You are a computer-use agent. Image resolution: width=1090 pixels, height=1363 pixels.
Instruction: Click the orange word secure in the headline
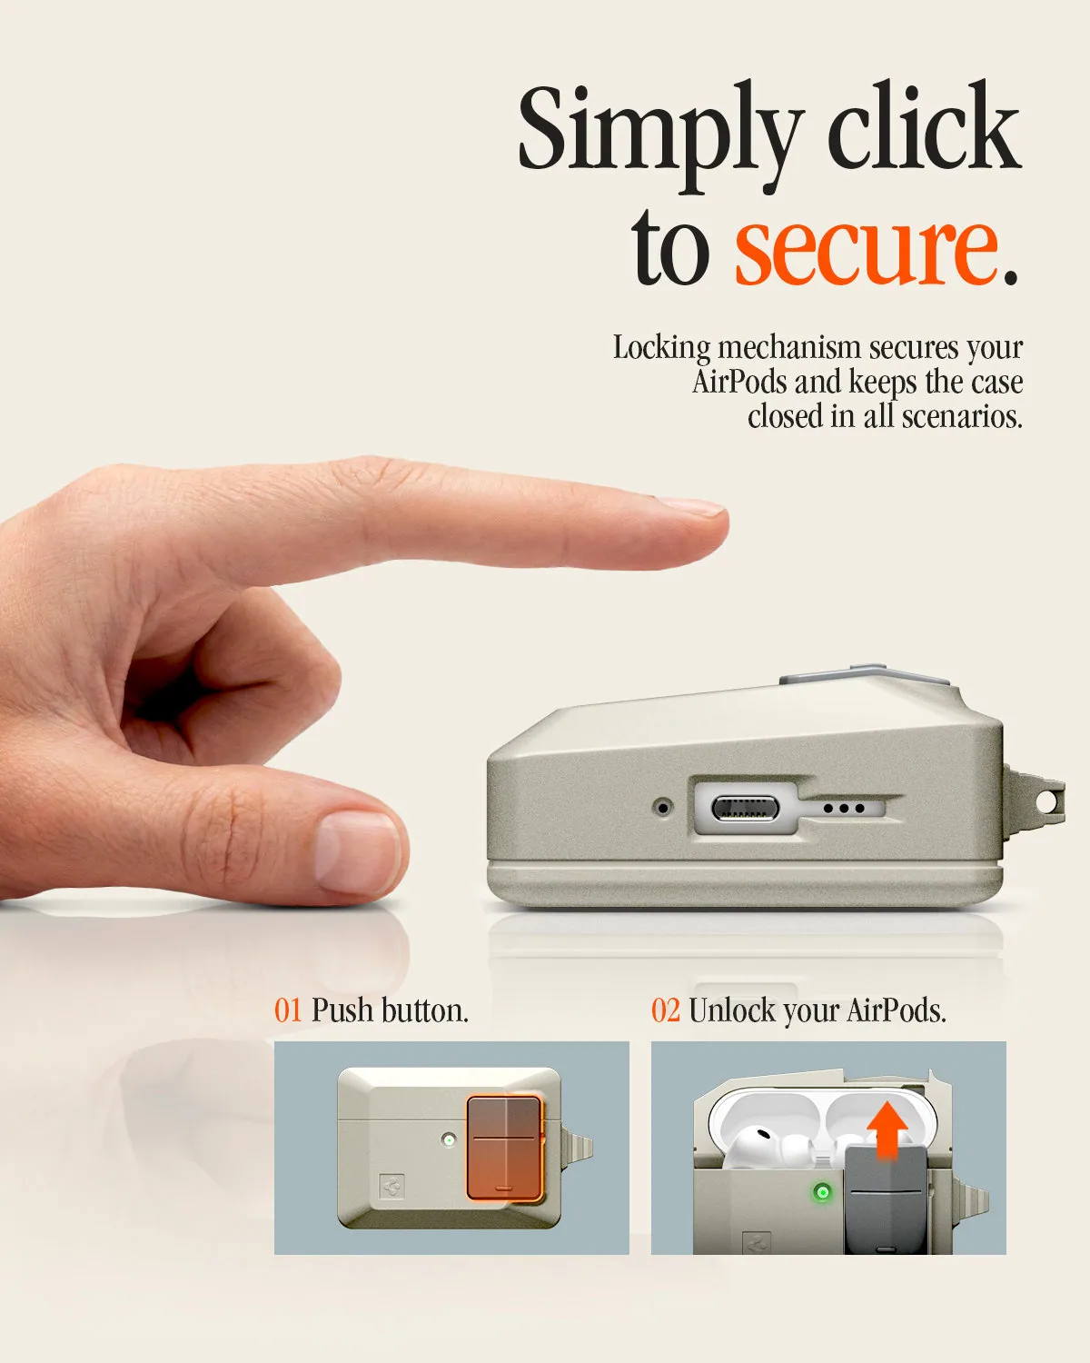click(866, 250)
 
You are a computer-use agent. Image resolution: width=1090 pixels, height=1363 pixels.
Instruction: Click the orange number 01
click(288, 1010)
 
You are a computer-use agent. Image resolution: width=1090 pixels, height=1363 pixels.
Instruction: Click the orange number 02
click(665, 1010)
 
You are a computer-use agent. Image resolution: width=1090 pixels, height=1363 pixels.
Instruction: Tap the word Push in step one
click(342, 1010)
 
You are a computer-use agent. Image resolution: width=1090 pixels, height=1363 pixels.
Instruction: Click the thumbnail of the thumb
click(358, 853)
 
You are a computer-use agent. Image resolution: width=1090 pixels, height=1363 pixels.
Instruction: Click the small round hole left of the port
click(663, 808)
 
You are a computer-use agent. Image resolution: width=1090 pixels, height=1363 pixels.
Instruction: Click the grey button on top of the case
click(865, 675)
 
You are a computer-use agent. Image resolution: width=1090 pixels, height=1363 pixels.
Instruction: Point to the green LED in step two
click(822, 1192)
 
